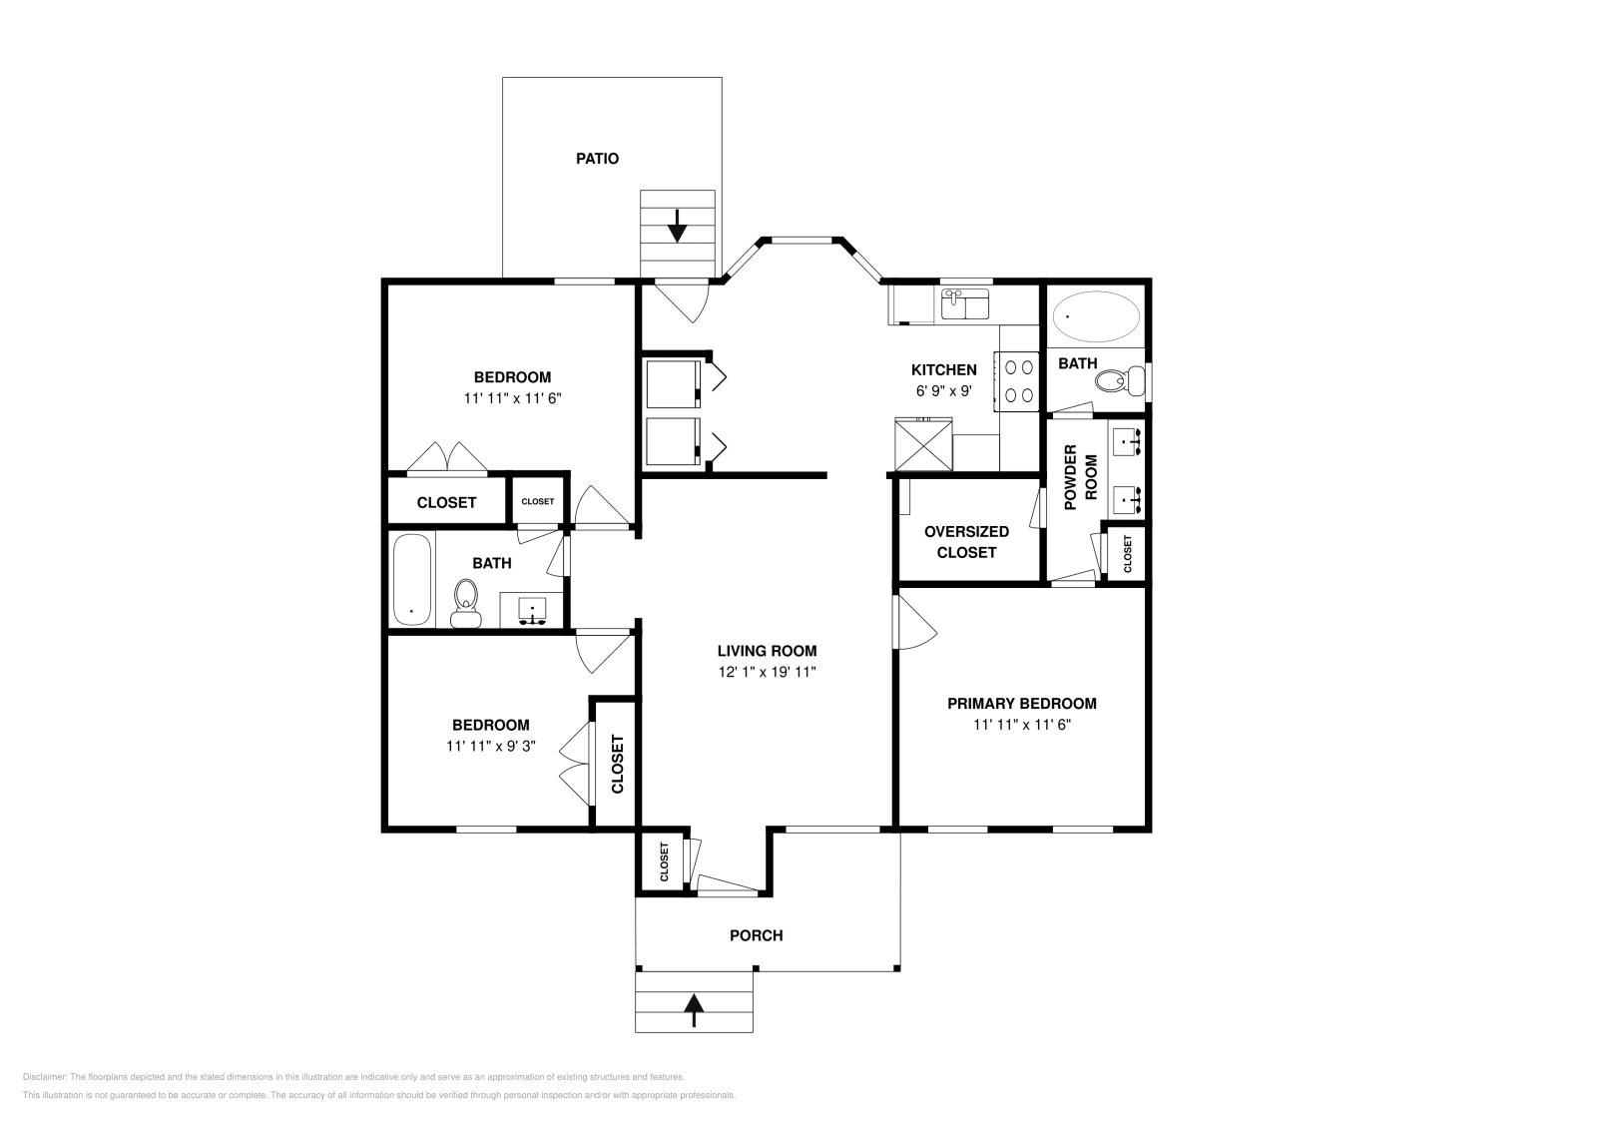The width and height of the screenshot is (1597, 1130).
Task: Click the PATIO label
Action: [x=597, y=159]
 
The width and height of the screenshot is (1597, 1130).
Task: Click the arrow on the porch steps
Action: [x=694, y=1009]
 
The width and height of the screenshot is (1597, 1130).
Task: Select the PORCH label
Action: [x=756, y=935]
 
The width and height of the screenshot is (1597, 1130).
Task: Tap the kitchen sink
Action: [x=964, y=303]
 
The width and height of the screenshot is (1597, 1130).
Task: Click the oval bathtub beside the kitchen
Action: [x=1096, y=316]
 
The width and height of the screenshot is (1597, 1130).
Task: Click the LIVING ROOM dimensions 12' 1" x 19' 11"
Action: [x=767, y=672]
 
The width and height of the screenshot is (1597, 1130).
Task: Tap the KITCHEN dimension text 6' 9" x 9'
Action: [x=943, y=391]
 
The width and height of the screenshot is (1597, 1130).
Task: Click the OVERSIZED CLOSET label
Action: [x=966, y=541]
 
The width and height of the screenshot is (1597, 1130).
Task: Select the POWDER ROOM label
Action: [x=1080, y=477]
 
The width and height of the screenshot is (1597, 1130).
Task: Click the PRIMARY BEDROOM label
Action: [x=1021, y=703]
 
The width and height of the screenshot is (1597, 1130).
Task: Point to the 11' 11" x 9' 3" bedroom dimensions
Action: [x=491, y=746]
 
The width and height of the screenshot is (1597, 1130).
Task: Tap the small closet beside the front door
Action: [x=663, y=860]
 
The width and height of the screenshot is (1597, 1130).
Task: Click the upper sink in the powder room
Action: [x=1128, y=440]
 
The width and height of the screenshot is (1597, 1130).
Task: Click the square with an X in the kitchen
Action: [x=923, y=444]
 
